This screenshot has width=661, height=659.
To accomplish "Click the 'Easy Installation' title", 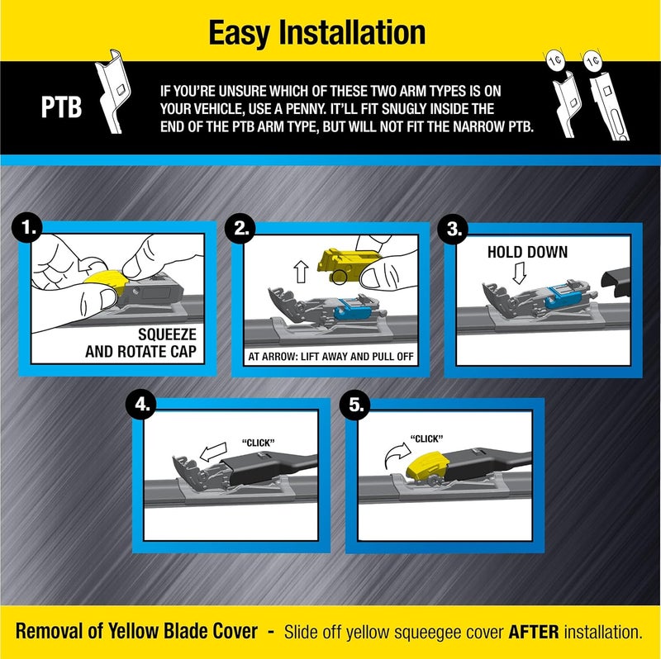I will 317,33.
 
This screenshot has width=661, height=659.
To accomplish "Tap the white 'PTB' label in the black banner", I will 62,108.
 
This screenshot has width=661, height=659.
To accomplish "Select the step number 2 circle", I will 241,230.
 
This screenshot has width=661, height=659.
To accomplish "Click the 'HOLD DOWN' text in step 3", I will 527,252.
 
